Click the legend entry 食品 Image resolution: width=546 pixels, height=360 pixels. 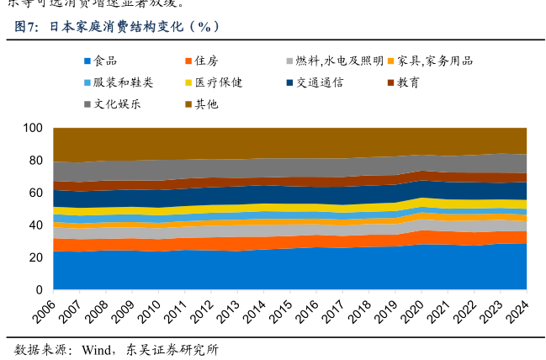tap(105, 61)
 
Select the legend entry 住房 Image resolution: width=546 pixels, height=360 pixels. tap(207, 61)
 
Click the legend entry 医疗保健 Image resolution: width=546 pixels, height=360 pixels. tap(219, 82)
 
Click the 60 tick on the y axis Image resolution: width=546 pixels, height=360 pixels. tap(35, 193)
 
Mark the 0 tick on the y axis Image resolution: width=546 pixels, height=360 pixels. tap(39, 290)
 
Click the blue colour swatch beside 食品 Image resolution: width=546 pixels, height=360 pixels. tap(87, 61)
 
